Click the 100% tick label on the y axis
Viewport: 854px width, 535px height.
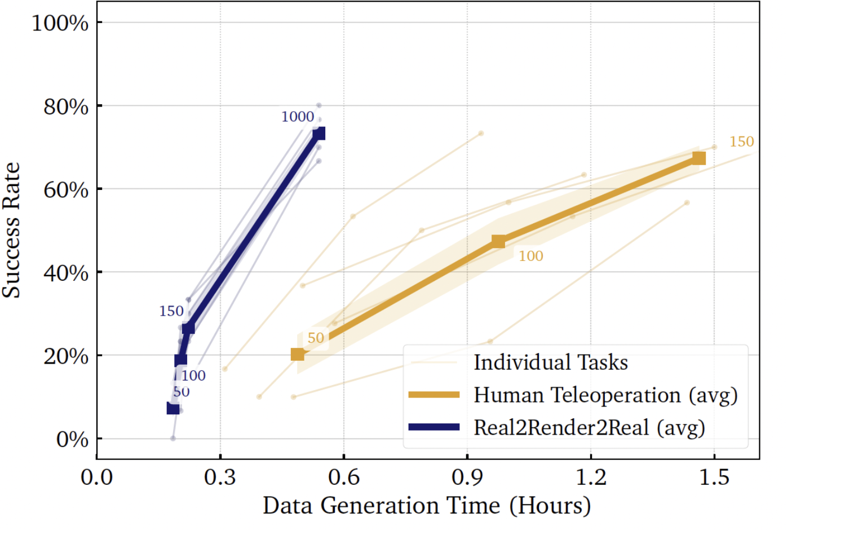coord(60,23)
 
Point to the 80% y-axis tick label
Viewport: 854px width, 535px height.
coord(65,107)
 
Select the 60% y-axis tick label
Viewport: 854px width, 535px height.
coord(65,190)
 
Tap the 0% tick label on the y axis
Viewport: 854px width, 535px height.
coord(72,440)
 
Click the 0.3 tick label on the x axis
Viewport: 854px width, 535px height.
coord(220,477)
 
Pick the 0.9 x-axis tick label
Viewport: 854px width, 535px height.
coord(467,477)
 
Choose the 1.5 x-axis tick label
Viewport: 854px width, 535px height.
coord(714,477)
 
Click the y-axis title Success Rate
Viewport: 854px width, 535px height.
coord(11,230)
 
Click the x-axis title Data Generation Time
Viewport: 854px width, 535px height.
coord(427,506)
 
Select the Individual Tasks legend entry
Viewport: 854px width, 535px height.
coord(550,362)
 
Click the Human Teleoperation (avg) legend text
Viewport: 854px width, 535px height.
coord(605,395)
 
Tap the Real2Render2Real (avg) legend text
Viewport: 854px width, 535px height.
coord(589,428)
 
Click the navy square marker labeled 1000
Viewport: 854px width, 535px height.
coord(318,134)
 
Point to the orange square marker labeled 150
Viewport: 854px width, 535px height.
coord(698,158)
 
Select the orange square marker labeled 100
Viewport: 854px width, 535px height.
coord(498,242)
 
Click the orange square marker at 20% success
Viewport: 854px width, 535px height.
coord(297,355)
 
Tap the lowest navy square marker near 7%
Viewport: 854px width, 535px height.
coord(173,409)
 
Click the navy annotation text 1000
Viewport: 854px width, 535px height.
coord(298,117)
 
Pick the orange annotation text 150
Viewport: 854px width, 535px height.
coord(741,142)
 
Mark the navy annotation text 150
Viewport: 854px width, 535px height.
coord(171,311)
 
